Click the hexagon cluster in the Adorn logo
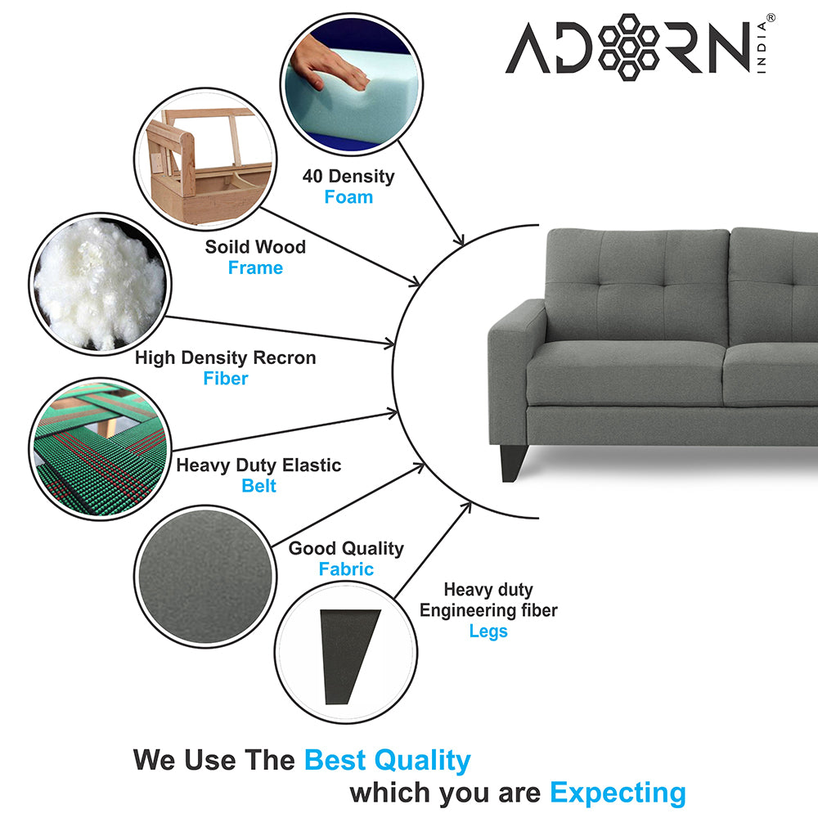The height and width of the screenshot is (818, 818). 628,47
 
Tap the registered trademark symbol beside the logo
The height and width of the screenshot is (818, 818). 771,18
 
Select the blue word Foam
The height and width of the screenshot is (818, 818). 348,197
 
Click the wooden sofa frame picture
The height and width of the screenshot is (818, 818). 205,160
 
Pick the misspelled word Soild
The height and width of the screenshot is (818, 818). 226,247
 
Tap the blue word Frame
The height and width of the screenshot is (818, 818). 255,267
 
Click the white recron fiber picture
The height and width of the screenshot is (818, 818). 100,285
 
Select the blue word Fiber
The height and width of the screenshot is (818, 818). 226,378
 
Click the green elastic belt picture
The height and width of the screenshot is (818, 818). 100,449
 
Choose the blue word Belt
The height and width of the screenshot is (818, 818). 258,486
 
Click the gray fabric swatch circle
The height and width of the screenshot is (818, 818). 205,577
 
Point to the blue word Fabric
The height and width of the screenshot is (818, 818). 346,569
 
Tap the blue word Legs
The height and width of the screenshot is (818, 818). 488,631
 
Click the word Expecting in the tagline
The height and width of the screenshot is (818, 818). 618,793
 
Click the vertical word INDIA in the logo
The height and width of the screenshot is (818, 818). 762,47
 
